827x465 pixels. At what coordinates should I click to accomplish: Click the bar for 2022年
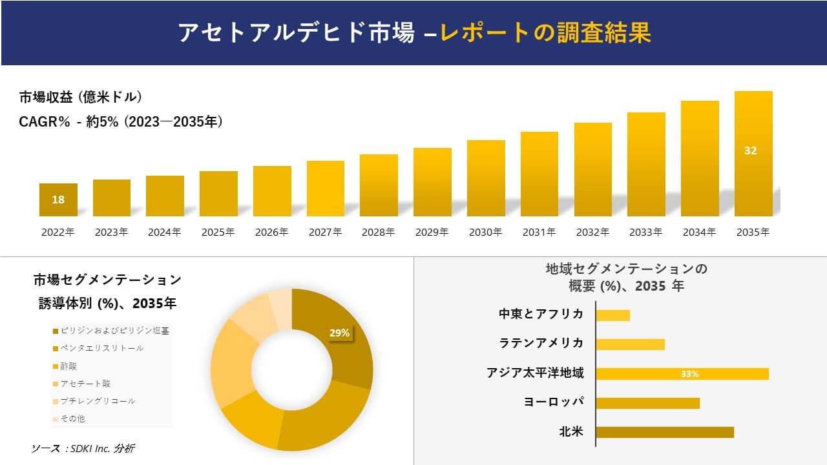coord(58,200)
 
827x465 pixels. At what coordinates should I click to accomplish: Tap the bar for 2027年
coord(326,189)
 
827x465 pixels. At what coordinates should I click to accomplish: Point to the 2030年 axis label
coord(485,232)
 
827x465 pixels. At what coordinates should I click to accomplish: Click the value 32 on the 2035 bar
coord(750,150)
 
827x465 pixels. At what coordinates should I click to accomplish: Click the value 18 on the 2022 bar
coord(58,200)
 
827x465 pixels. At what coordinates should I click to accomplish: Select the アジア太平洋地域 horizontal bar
coord(682,374)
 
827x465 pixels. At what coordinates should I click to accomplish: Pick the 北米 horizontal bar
coord(664,432)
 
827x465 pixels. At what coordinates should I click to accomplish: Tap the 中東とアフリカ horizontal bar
coord(612,315)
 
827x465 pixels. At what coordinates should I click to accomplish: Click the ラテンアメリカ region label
coord(541,343)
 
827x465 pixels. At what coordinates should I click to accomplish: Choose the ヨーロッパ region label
coord(553,402)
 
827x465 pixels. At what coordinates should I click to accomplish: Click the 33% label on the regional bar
coord(689,374)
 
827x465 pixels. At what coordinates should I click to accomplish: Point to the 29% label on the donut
coord(339,333)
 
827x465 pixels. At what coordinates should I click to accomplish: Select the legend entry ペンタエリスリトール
coord(101,348)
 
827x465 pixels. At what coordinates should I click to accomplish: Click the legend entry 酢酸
coord(68,366)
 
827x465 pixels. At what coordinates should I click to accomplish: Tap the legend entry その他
coord(72,418)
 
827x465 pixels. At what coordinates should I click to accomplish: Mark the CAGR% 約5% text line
coord(121,121)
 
